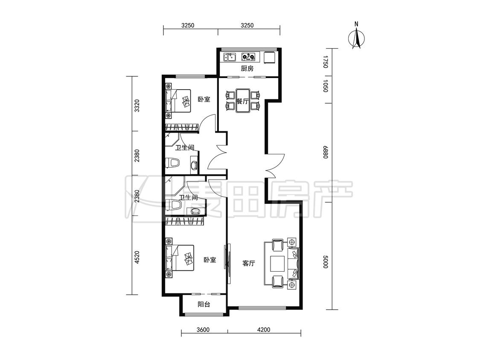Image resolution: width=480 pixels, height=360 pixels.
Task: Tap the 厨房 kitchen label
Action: (x=247, y=69)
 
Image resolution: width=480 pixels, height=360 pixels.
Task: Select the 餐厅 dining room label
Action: (x=242, y=101)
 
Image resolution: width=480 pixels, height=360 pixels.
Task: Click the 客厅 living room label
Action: (x=249, y=263)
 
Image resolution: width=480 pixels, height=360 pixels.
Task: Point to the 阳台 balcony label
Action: (x=204, y=304)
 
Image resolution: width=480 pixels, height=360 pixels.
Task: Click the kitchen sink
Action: (x=230, y=57)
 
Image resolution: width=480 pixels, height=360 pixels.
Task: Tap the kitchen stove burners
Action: (x=248, y=57)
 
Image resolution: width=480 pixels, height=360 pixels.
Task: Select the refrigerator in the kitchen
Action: (x=269, y=57)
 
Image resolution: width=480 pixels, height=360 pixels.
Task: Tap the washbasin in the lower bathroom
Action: (x=195, y=211)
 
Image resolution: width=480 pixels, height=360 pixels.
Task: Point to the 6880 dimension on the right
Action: (x=325, y=152)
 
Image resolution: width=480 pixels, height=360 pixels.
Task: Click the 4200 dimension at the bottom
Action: (x=264, y=330)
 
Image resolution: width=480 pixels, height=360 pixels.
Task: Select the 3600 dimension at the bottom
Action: (x=203, y=330)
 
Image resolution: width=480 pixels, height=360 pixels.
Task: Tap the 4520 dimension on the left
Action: (x=137, y=258)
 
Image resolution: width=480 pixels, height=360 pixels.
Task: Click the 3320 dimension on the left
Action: (x=137, y=106)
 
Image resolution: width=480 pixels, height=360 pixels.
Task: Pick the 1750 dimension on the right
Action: (x=325, y=62)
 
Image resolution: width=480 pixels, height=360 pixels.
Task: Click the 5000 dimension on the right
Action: (x=325, y=262)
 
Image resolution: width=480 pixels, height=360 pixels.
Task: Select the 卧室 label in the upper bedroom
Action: (x=204, y=99)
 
